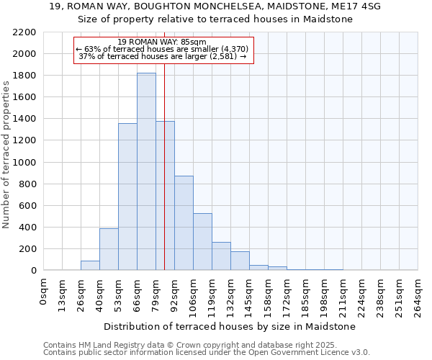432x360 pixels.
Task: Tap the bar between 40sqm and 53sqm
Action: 109,249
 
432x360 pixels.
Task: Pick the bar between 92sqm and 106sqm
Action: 184,223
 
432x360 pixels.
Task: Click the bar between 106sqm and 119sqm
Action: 202,242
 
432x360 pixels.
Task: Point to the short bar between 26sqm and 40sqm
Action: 90,266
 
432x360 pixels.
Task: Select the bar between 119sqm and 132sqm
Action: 221,256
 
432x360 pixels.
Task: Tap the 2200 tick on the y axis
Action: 24,32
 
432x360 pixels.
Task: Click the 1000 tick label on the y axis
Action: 24,163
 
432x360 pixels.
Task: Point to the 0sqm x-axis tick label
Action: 44,291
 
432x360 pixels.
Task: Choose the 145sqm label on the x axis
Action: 250,294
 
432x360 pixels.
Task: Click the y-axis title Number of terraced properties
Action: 6,155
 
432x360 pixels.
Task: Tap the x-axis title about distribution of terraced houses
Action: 230,326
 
